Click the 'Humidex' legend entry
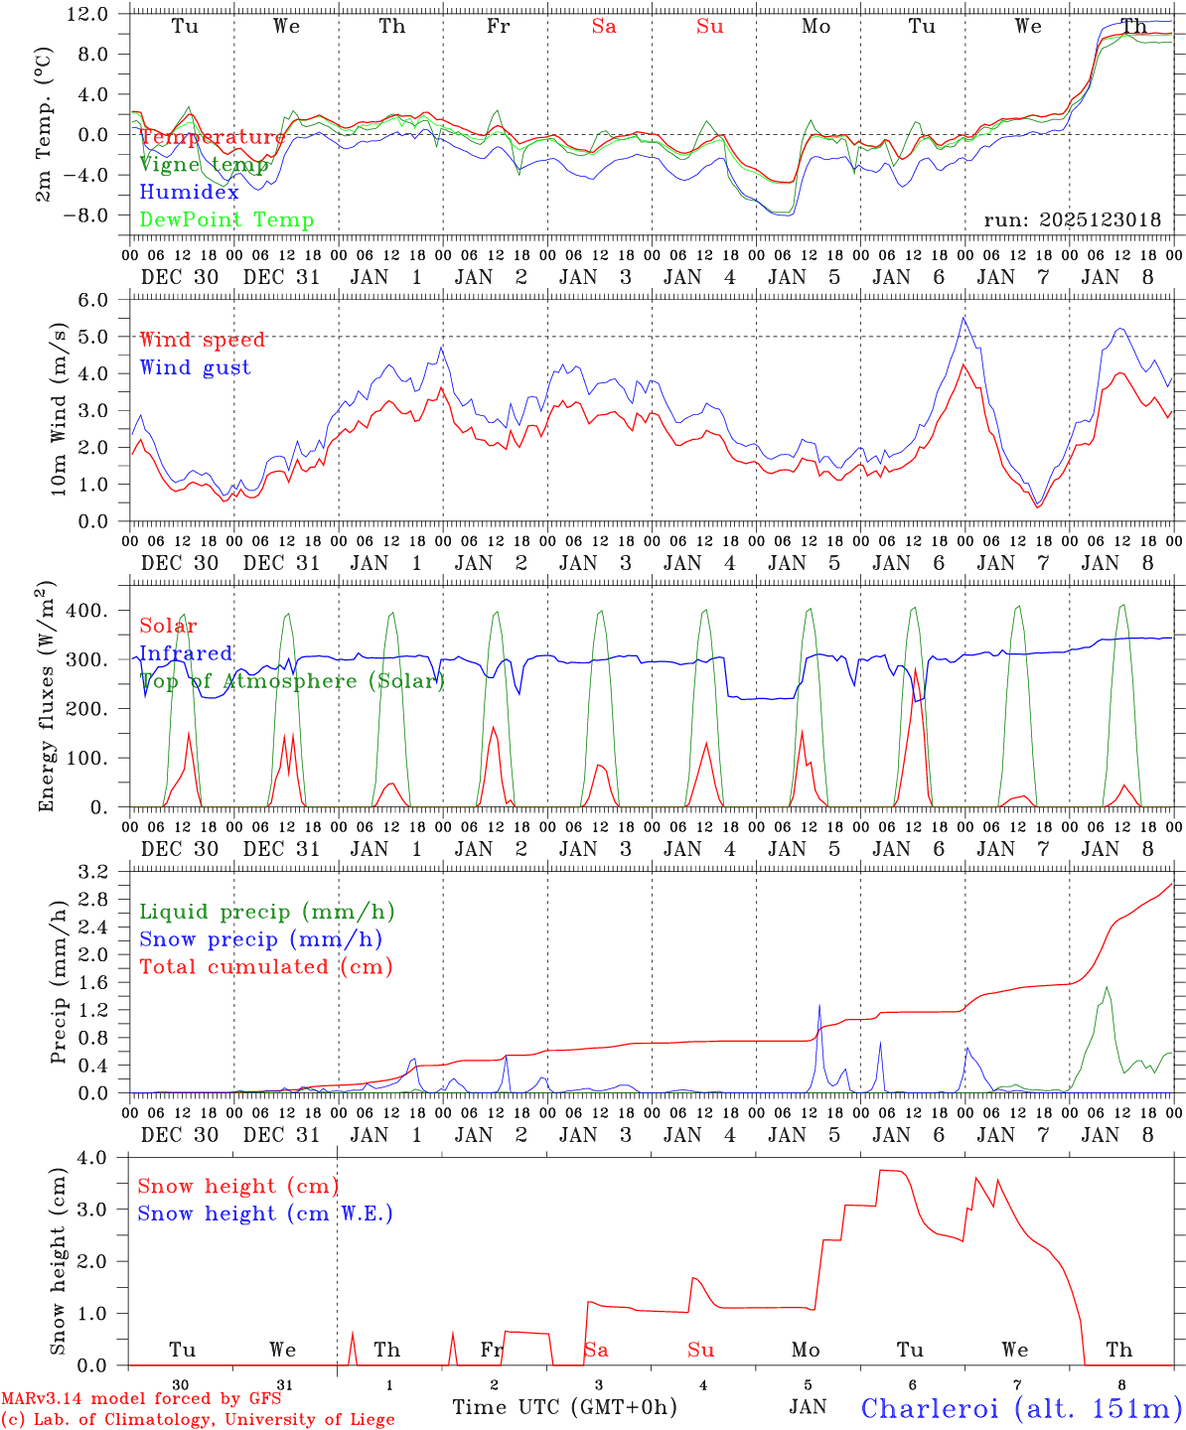(x=190, y=193)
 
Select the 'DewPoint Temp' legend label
(x=226, y=220)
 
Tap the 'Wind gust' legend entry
(x=196, y=367)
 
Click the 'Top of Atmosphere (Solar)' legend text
(x=292, y=681)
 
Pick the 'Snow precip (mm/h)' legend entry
(x=261, y=939)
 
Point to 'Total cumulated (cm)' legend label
(x=266, y=967)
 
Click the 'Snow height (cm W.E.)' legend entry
(x=265, y=1214)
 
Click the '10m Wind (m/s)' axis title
(x=60, y=410)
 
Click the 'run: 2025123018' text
(x=1072, y=220)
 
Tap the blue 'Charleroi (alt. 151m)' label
(x=1022, y=1408)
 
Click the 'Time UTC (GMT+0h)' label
(x=564, y=1407)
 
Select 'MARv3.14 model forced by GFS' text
(x=141, y=1399)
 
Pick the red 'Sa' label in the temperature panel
(x=604, y=27)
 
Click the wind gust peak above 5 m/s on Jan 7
(x=964, y=318)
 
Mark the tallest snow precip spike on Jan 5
(x=819, y=1006)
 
